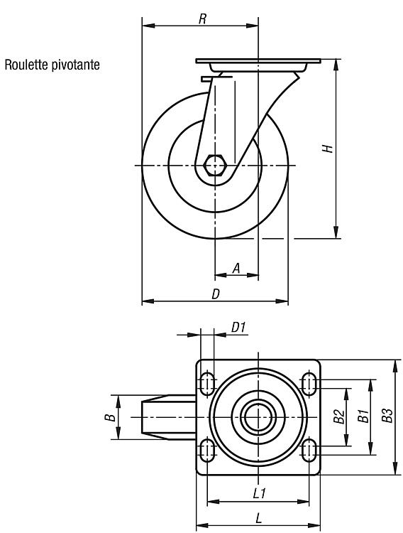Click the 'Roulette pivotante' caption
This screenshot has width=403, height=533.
pos(53,65)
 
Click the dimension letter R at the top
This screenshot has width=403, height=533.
pos(202,19)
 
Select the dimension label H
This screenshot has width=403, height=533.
pos(328,149)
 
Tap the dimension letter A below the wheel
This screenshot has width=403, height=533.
pos(236,268)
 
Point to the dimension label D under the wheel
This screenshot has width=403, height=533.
pos(216,294)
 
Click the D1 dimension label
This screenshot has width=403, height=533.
pos(238,328)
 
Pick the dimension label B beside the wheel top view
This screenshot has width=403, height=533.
pos(110,417)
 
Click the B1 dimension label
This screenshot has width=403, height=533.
pos(363,416)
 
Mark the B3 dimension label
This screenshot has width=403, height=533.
pos(387,416)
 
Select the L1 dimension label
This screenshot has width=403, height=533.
pos(260,493)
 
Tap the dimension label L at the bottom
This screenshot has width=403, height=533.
pos(259,518)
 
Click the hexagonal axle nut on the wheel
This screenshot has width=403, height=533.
pos(214,165)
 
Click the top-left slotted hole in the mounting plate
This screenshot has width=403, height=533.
pos(206,384)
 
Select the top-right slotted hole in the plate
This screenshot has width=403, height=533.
pos(309,384)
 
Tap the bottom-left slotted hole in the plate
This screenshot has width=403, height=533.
pos(206,450)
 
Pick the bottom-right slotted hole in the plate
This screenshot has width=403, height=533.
pos(309,450)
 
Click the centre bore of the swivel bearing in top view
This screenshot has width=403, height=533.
pos(258,417)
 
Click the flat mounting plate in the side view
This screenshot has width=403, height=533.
pos(258,61)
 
